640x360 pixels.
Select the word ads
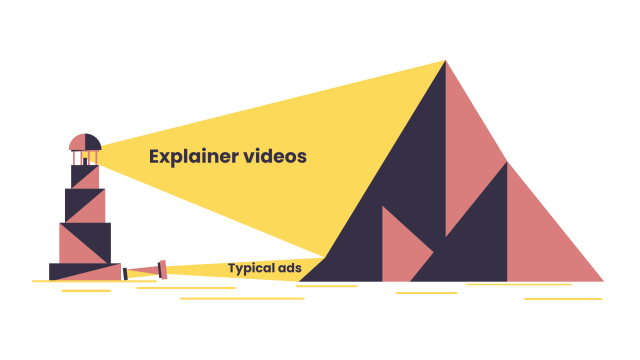click(289, 268)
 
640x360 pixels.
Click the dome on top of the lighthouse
click(85, 141)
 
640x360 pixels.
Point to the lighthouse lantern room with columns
click(85, 158)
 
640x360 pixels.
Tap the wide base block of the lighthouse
click(85, 271)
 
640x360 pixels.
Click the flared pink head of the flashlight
click(163, 269)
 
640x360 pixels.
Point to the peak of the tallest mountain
click(445, 62)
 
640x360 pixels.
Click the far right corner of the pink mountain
click(603, 280)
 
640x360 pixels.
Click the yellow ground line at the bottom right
click(563, 298)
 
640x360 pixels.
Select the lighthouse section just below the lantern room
click(85, 176)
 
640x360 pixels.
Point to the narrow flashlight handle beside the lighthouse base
click(141, 271)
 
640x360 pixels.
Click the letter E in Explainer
click(155, 156)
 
